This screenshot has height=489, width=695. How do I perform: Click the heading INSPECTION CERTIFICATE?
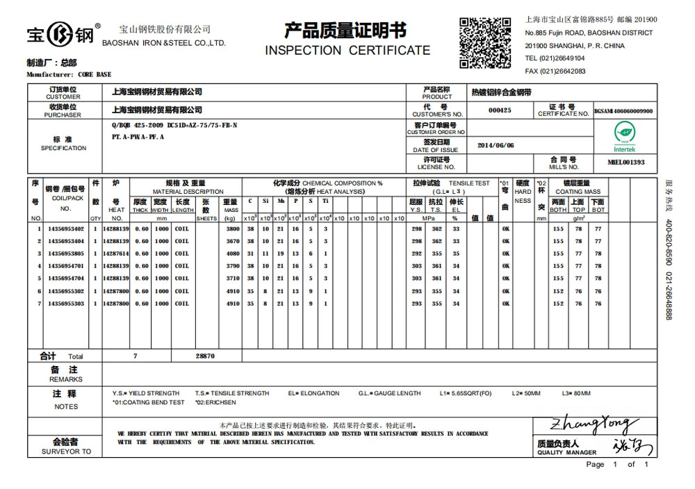pos(347,51)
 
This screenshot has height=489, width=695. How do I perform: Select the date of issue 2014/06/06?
pos(496,145)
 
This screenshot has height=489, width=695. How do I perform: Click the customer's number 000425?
pos(500,110)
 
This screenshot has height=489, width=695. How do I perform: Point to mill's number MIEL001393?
pos(625,162)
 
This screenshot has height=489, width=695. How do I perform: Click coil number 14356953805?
pos(66,254)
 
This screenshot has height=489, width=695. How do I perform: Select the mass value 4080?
pos(232,254)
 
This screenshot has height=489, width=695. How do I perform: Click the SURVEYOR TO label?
pos(66,451)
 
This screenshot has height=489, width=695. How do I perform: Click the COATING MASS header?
pos(578,192)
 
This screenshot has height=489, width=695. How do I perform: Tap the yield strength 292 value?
pos(416,254)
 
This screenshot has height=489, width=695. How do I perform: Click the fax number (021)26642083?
pos(555,71)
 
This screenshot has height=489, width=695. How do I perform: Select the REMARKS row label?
pos(65,379)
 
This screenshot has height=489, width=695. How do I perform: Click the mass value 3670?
pos(232,241)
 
